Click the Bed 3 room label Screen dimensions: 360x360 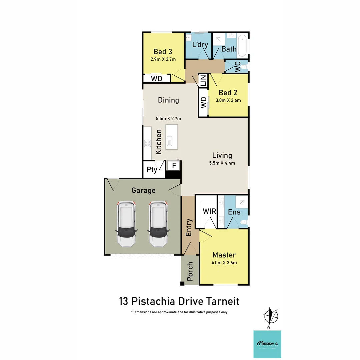[163, 52]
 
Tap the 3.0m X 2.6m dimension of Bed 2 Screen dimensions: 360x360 [228, 100]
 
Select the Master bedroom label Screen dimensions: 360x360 [224, 255]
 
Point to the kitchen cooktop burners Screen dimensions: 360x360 [147, 143]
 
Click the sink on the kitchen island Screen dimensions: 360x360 [170, 141]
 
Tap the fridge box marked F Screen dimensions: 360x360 [174, 165]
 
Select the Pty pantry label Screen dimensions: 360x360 [152, 170]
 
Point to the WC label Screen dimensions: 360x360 [237, 67]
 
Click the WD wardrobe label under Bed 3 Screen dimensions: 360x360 [156, 79]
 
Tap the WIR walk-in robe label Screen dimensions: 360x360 [209, 211]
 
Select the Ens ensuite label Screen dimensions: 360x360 [234, 212]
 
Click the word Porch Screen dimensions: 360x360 [190, 271]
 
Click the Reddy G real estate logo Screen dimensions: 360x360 [267, 344]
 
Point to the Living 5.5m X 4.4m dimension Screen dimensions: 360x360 [222, 163]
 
